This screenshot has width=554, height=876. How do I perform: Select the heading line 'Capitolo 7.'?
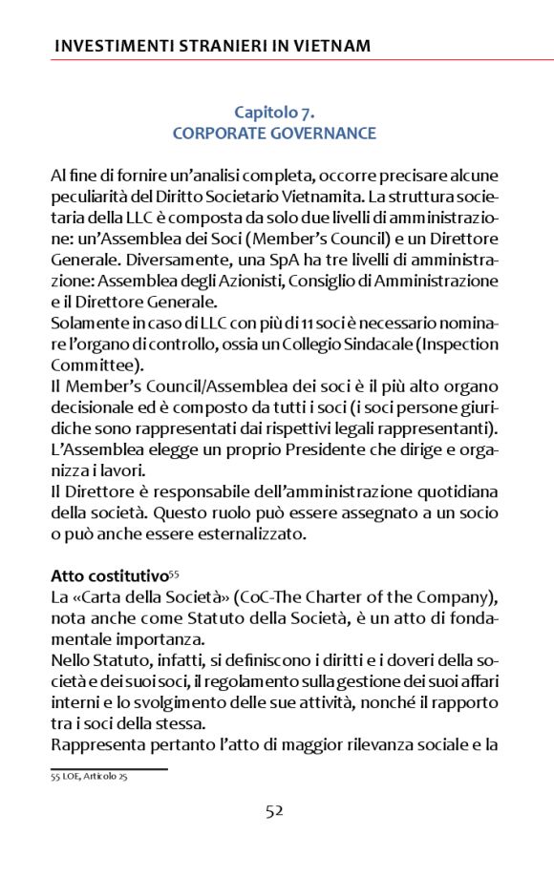(x=275, y=113)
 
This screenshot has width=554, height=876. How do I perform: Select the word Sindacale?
(x=393, y=344)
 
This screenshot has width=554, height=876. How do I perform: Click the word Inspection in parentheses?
(x=461, y=344)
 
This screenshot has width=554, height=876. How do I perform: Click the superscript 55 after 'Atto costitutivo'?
(x=174, y=573)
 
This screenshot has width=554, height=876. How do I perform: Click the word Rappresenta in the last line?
(x=96, y=743)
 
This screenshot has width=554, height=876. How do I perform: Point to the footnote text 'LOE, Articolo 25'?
(x=94, y=778)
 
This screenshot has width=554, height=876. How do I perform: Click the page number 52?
(x=275, y=812)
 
